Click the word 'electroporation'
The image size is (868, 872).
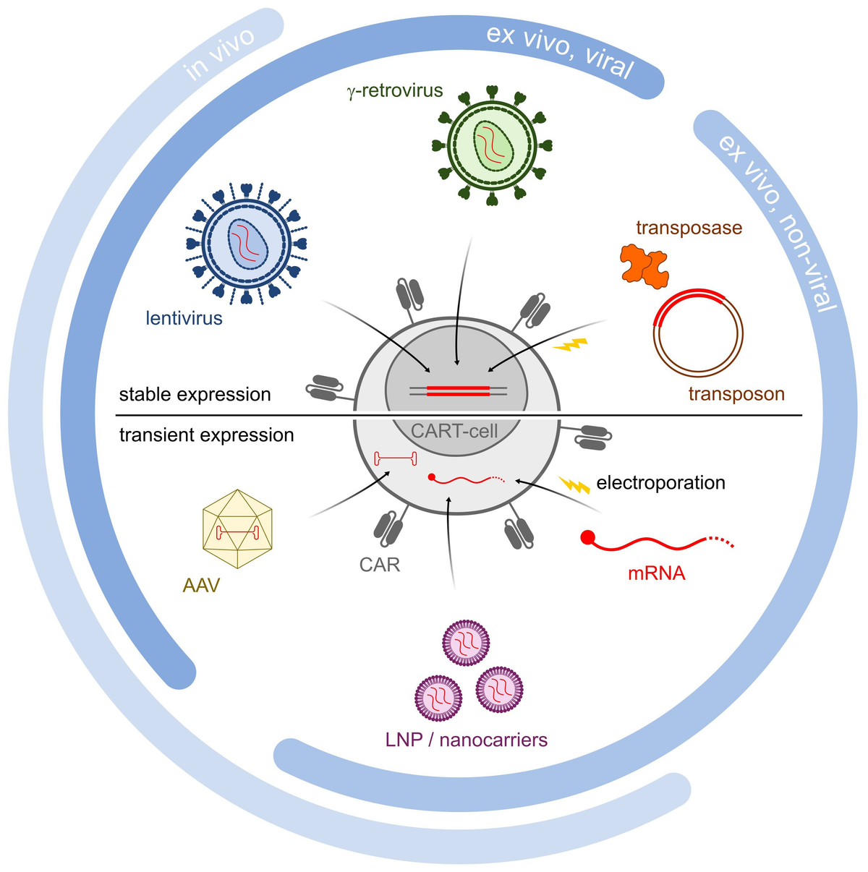tap(660, 482)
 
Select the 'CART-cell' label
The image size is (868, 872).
tap(454, 432)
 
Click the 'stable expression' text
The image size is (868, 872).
tap(195, 394)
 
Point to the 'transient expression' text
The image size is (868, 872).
tap(207, 435)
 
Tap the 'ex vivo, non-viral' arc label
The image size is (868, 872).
tap(778, 221)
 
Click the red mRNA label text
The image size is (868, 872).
tap(656, 574)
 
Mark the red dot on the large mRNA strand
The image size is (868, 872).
tap(588, 537)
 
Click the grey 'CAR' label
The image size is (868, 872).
tap(380, 564)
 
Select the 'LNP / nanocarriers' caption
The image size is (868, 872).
tap(467, 740)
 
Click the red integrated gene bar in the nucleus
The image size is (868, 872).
tap(457, 391)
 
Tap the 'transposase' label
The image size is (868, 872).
tap(689, 228)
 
